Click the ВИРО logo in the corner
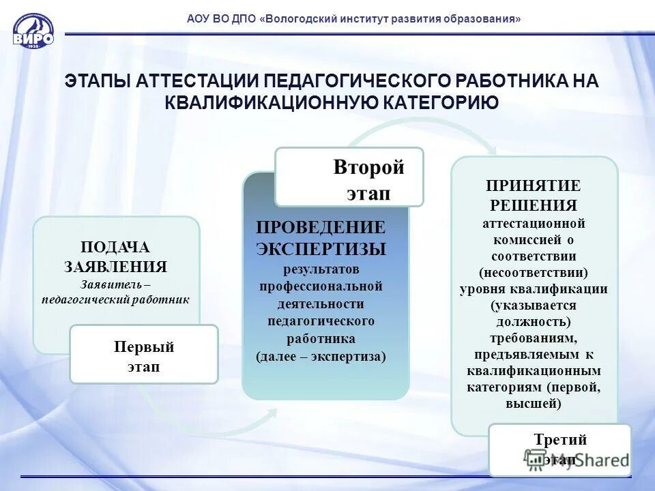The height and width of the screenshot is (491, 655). pos(33,30)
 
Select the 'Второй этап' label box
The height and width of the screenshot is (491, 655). pos(349,177)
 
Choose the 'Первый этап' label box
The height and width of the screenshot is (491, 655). pos(144,354)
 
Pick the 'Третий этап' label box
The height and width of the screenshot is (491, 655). pos(559,449)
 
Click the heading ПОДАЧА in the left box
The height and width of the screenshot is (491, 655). pos(115,248)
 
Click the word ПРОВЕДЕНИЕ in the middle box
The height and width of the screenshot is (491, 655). pos(321,227)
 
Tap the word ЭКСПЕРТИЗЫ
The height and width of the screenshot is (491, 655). pos(321,248)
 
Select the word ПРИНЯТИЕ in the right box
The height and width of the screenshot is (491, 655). pos(533,186)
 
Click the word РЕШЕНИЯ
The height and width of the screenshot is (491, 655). pos(533,205)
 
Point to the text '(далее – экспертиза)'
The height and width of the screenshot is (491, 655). pos(321,356)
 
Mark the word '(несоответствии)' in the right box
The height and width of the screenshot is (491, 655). pos(533,273)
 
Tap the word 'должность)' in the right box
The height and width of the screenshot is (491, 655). pos(533,321)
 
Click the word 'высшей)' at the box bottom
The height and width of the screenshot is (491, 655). pos(533,403)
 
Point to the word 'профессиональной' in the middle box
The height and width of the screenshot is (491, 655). pos(321,286)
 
